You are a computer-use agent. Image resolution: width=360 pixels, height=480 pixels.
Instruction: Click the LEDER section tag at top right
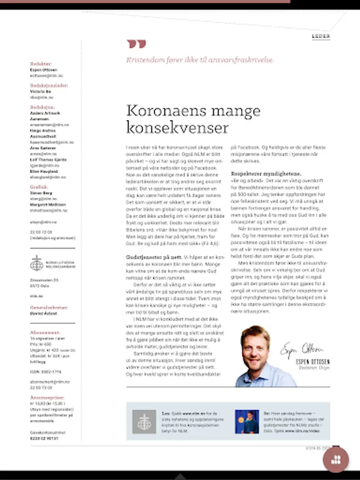click(x=321, y=36)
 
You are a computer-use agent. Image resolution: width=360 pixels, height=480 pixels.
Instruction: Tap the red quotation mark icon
click(x=135, y=44)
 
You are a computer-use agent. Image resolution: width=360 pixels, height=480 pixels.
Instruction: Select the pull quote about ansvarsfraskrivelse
click(x=200, y=60)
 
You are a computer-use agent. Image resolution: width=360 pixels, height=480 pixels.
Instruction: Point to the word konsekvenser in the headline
click(x=177, y=128)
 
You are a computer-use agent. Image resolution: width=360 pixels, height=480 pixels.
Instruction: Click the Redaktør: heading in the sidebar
click(x=42, y=63)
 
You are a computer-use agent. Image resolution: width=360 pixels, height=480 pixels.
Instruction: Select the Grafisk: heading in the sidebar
click(x=38, y=187)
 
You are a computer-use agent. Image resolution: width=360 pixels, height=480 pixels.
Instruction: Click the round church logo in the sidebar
click(x=37, y=263)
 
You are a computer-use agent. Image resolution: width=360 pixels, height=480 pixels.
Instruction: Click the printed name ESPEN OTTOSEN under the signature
click(x=312, y=362)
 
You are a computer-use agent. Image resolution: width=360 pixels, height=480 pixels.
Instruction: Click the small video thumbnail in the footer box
click(x=246, y=421)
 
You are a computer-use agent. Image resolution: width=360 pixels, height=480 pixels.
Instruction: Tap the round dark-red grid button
click(x=335, y=460)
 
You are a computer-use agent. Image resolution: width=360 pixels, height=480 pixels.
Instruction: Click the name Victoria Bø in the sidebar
click(x=41, y=92)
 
